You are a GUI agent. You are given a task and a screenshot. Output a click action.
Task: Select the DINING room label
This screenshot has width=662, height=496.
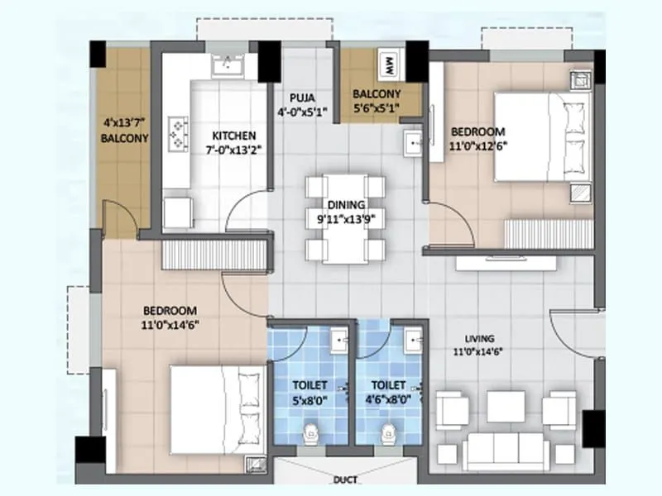coord(346,205)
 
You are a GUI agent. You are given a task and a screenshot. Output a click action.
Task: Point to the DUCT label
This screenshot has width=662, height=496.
coord(345,479)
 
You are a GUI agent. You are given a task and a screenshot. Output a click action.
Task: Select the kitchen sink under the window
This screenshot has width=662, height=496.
coord(224,67)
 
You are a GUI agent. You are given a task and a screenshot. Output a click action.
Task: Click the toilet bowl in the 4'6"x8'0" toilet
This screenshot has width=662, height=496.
coord(386,432)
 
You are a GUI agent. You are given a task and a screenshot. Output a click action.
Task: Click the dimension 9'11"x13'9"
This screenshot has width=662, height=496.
coord(346,219)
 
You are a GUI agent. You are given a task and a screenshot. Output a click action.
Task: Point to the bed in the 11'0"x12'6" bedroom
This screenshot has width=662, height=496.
coord(542,136)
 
